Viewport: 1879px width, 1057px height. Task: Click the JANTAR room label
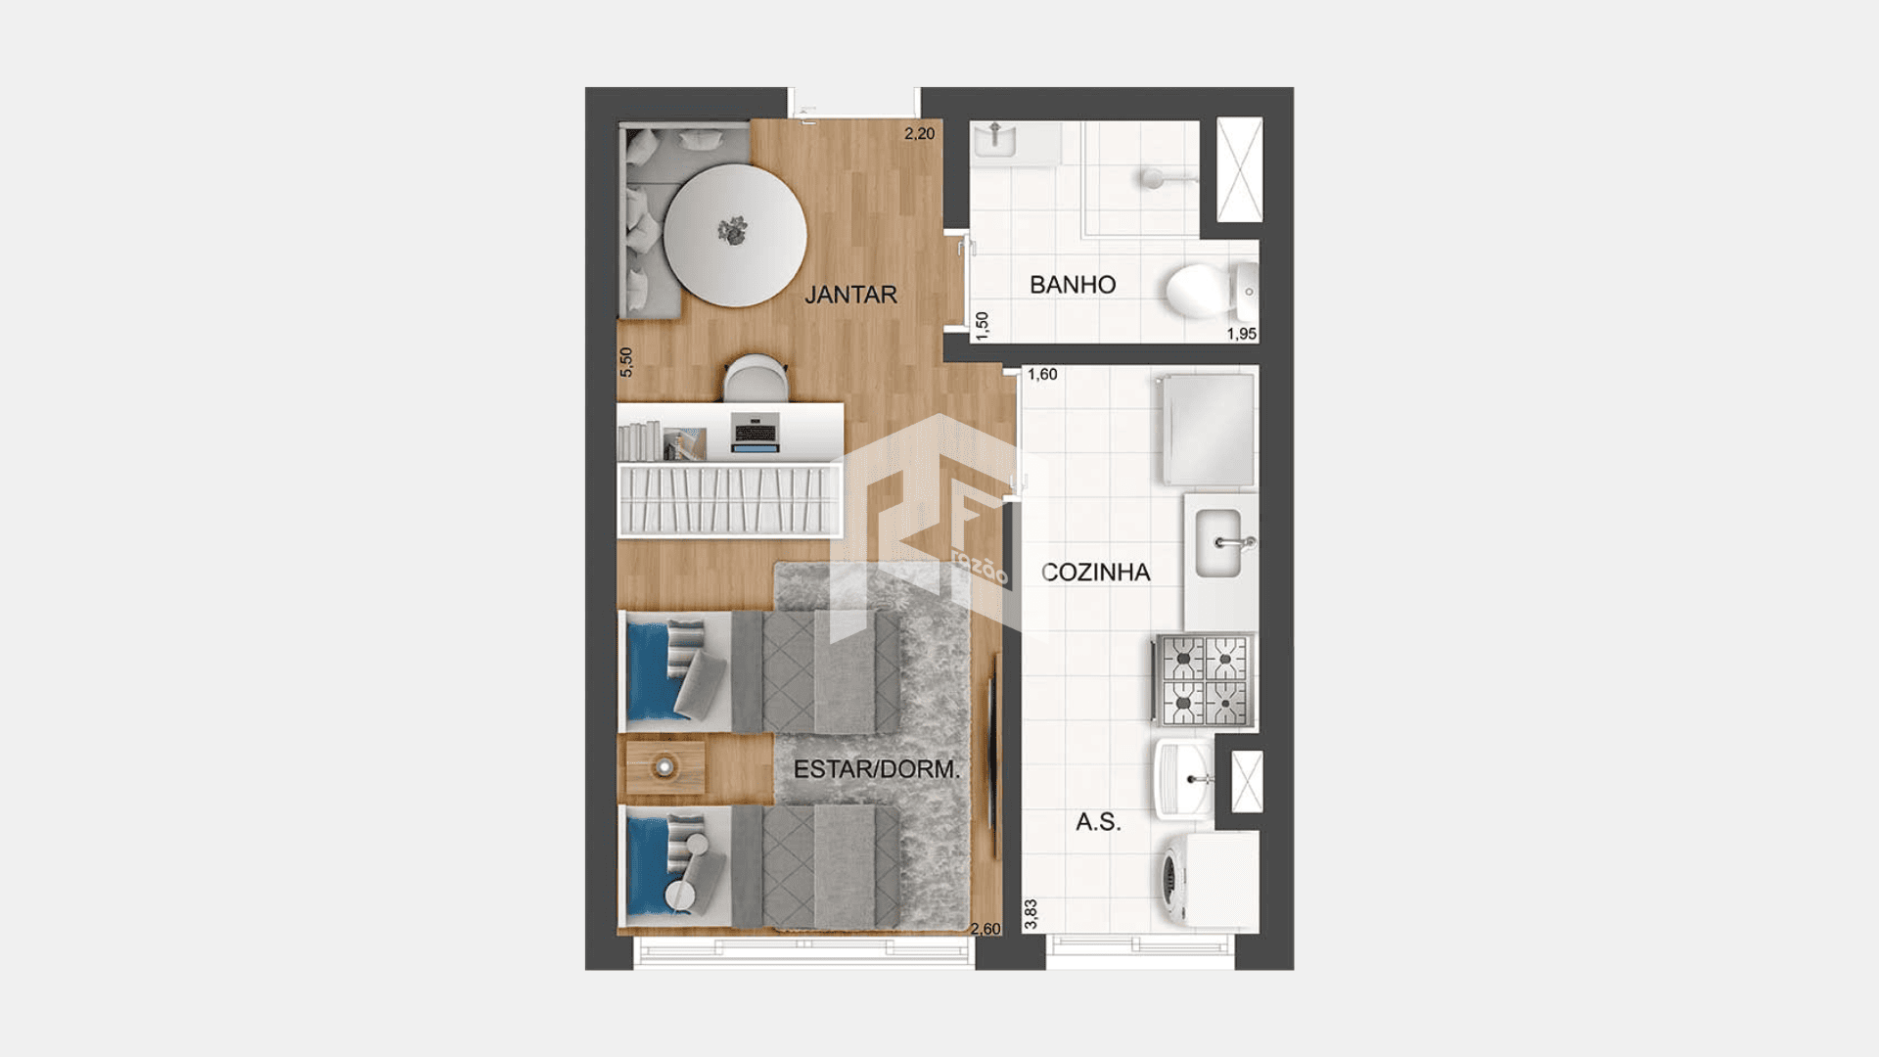(850, 295)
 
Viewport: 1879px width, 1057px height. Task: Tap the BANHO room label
(1073, 285)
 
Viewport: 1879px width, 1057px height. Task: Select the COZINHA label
(1095, 573)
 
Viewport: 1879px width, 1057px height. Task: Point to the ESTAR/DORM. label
(877, 769)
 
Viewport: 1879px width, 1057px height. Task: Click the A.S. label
(1098, 822)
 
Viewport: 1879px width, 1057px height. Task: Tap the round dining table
(735, 235)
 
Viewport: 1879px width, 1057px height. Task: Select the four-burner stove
(1205, 680)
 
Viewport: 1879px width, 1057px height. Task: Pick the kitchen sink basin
(1219, 543)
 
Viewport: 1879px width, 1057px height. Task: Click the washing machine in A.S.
(1207, 879)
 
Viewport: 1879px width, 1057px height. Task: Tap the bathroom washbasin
(995, 140)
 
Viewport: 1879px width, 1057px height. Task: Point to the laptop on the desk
(755, 434)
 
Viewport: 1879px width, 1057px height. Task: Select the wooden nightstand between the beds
(665, 766)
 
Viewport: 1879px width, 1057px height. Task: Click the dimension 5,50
(626, 362)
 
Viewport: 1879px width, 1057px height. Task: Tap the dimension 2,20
(919, 134)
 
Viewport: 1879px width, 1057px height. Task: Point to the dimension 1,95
(1242, 334)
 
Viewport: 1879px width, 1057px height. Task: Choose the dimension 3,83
(1031, 914)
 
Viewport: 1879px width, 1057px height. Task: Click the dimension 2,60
(985, 929)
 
